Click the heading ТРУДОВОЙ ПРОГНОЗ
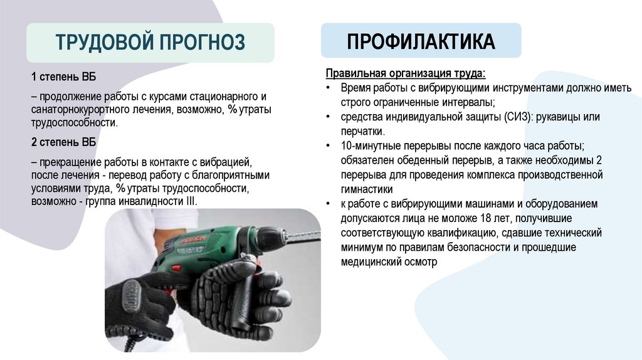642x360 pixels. coord(150,43)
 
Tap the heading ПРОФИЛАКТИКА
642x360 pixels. coord(421,41)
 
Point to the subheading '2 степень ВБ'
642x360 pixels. coord(63,142)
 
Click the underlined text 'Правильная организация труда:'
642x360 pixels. coord(405,72)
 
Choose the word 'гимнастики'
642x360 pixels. coord(367,189)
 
